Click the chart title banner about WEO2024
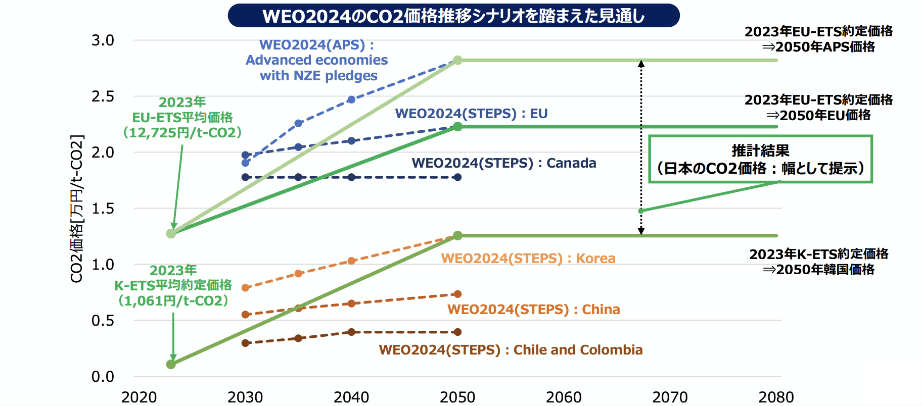pyautogui.click(x=453, y=16)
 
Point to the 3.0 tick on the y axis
pyautogui.click(x=103, y=40)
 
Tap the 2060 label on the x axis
pyautogui.click(x=564, y=397)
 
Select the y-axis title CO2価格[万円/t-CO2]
pyautogui.click(x=76, y=209)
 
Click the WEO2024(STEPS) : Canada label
pyautogui.click(x=503, y=163)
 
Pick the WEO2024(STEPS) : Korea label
pyautogui.click(x=528, y=259)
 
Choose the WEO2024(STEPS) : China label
pyautogui.click(x=533, y=310)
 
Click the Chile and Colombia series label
pyautogui.click(x=511, y=350)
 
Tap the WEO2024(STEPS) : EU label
pyautogui.click(x=471, y=114)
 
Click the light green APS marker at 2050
pyautogui.click(x=457, y=60)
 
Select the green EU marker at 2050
pyautogui.click(x=457, y=127)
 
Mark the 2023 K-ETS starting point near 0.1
pyautogui.click(x=171, y=364)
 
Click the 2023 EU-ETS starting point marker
pyautogui.click(x=171, y=233)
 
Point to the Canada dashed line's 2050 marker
pyautogui.click(x=457, y=177)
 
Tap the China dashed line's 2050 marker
pyautogui.click(x=457, y=294)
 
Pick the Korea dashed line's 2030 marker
pyautogui.click(x=246, y=288)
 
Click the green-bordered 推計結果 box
pyautogui.click(x=760, y=159)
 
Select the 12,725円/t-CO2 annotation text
pyautogui.click(x=182, y=133)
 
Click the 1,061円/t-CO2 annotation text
pyautogui.click(x=173, y=301)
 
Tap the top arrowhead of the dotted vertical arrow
pyautogui.click(x=641, y=64)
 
